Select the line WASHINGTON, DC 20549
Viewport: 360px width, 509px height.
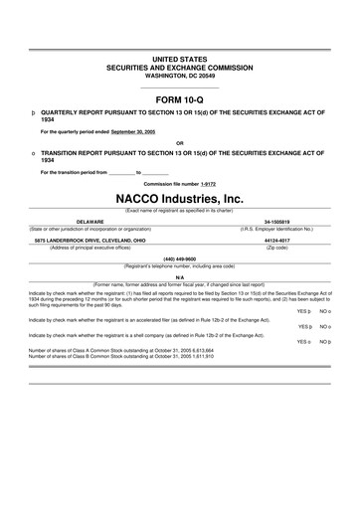pos(179,76)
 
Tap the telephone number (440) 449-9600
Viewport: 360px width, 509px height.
pos(180,257)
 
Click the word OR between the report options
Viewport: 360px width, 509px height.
pos(179,140)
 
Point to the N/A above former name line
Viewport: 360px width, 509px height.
pos(180,276)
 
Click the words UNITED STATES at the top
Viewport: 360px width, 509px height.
pos(179,61)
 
